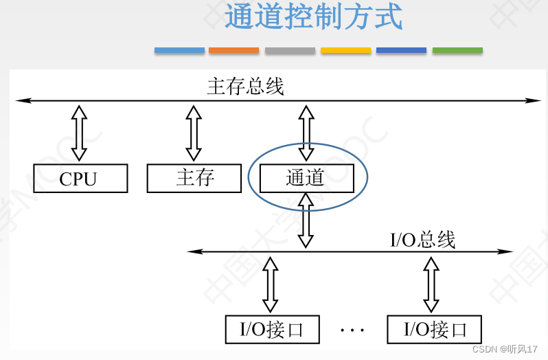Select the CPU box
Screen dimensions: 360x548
click(80, 179)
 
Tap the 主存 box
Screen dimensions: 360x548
click(194, 179)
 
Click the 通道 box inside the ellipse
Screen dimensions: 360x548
click(306, 179)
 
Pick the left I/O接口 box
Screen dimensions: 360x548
click(273, 329)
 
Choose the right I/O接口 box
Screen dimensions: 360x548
click(434, 329)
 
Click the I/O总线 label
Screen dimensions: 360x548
click(422, 240)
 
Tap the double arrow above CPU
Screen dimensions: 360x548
click(80, 133)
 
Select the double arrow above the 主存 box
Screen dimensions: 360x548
click(194, 133)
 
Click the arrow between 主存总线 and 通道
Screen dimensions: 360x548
click(306, 133)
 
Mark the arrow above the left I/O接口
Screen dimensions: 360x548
click(271, 284)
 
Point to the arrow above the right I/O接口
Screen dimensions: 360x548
click(431, 284)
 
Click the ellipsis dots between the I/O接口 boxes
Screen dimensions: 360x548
click(353, 330)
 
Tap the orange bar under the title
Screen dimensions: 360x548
click(233, 50)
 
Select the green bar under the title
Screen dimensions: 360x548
click(457, 50)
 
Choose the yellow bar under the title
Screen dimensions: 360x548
click(345, 50)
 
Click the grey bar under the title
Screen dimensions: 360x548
click(290, 50)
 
